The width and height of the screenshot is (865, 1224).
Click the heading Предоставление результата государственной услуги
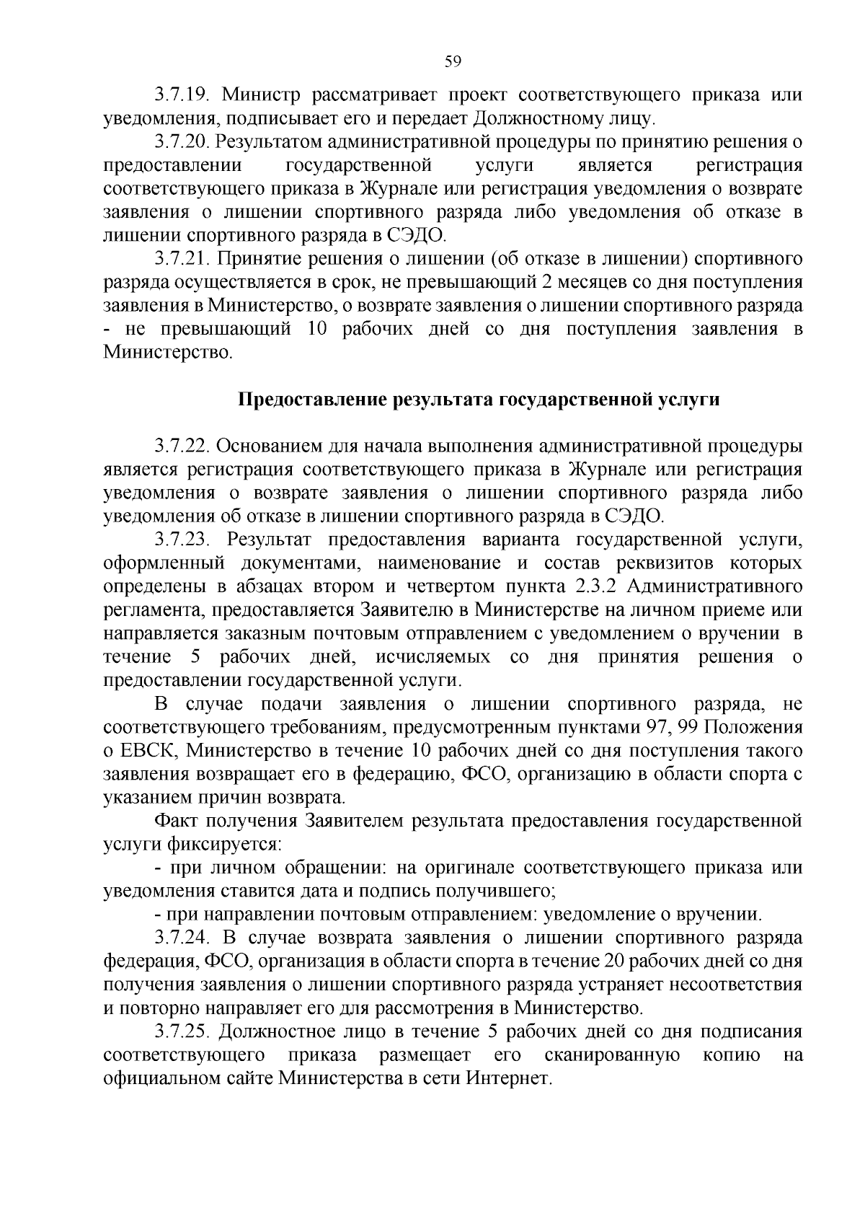[x=479, y=400]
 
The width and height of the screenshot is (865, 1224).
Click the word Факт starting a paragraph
[x=175, y=821]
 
